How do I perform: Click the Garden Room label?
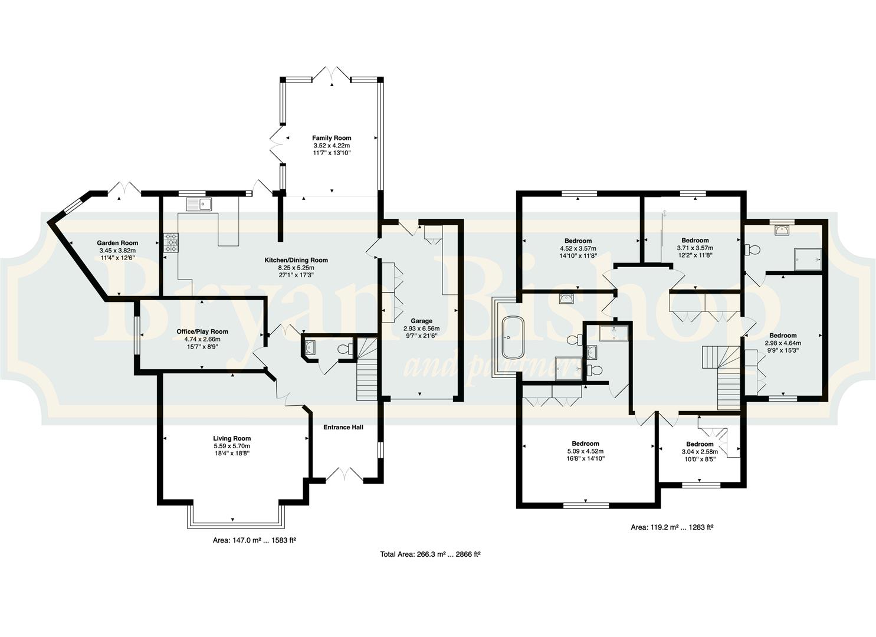(117, 243)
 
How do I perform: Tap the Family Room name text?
(332, 137)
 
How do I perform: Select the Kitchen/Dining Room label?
(296, 260)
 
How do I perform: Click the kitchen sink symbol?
(199, 204)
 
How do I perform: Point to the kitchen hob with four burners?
(171, 243)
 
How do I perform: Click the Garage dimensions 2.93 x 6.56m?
(421, 329)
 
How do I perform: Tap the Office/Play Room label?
(202, 331)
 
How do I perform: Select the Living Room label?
(232, 438)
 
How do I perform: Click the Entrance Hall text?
(343, 427)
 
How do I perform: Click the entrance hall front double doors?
(344, 474)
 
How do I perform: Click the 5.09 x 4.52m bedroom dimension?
(585, 451)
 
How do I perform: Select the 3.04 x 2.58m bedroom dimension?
(700, 452)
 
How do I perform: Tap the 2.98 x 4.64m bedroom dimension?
(783, 343)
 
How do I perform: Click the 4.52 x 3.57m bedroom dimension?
(578, 248)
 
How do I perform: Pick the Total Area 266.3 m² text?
(430, 554)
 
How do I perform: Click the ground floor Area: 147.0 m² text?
(254, 540)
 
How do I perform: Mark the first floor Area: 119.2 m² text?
(672, 527)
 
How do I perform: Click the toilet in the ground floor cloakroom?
(345, 349)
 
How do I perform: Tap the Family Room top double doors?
(332, 74)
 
